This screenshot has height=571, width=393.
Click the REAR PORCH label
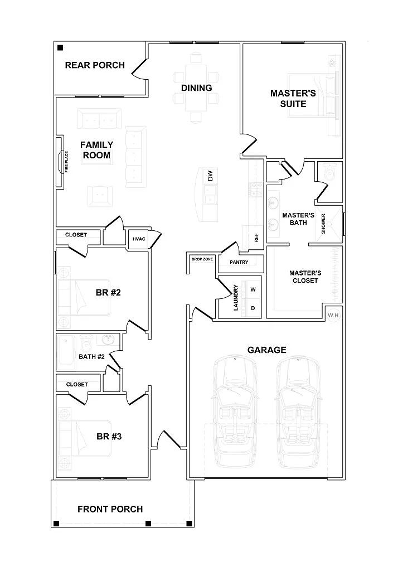(95, 65)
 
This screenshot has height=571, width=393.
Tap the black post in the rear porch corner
(60, 48)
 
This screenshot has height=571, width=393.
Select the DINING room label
(196, 88)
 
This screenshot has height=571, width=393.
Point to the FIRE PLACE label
(66, 162)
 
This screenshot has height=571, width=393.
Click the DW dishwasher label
(210, 176)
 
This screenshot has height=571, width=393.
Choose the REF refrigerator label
(256, 238)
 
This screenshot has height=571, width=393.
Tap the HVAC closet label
(139, 239)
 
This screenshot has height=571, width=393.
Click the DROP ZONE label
(202, 259)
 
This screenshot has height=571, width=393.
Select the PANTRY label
(239, 262)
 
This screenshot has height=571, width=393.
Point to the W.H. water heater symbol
(334, 316)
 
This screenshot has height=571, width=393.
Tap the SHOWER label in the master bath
(323, 224)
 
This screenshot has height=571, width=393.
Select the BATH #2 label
(91, 357)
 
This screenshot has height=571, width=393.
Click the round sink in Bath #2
(108, 340)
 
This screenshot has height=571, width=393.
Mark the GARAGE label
(266, 350)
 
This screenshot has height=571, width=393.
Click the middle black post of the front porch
(148, 524)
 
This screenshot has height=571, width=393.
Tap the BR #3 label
(109, 436)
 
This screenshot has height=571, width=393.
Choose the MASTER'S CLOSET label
(305, 277)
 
